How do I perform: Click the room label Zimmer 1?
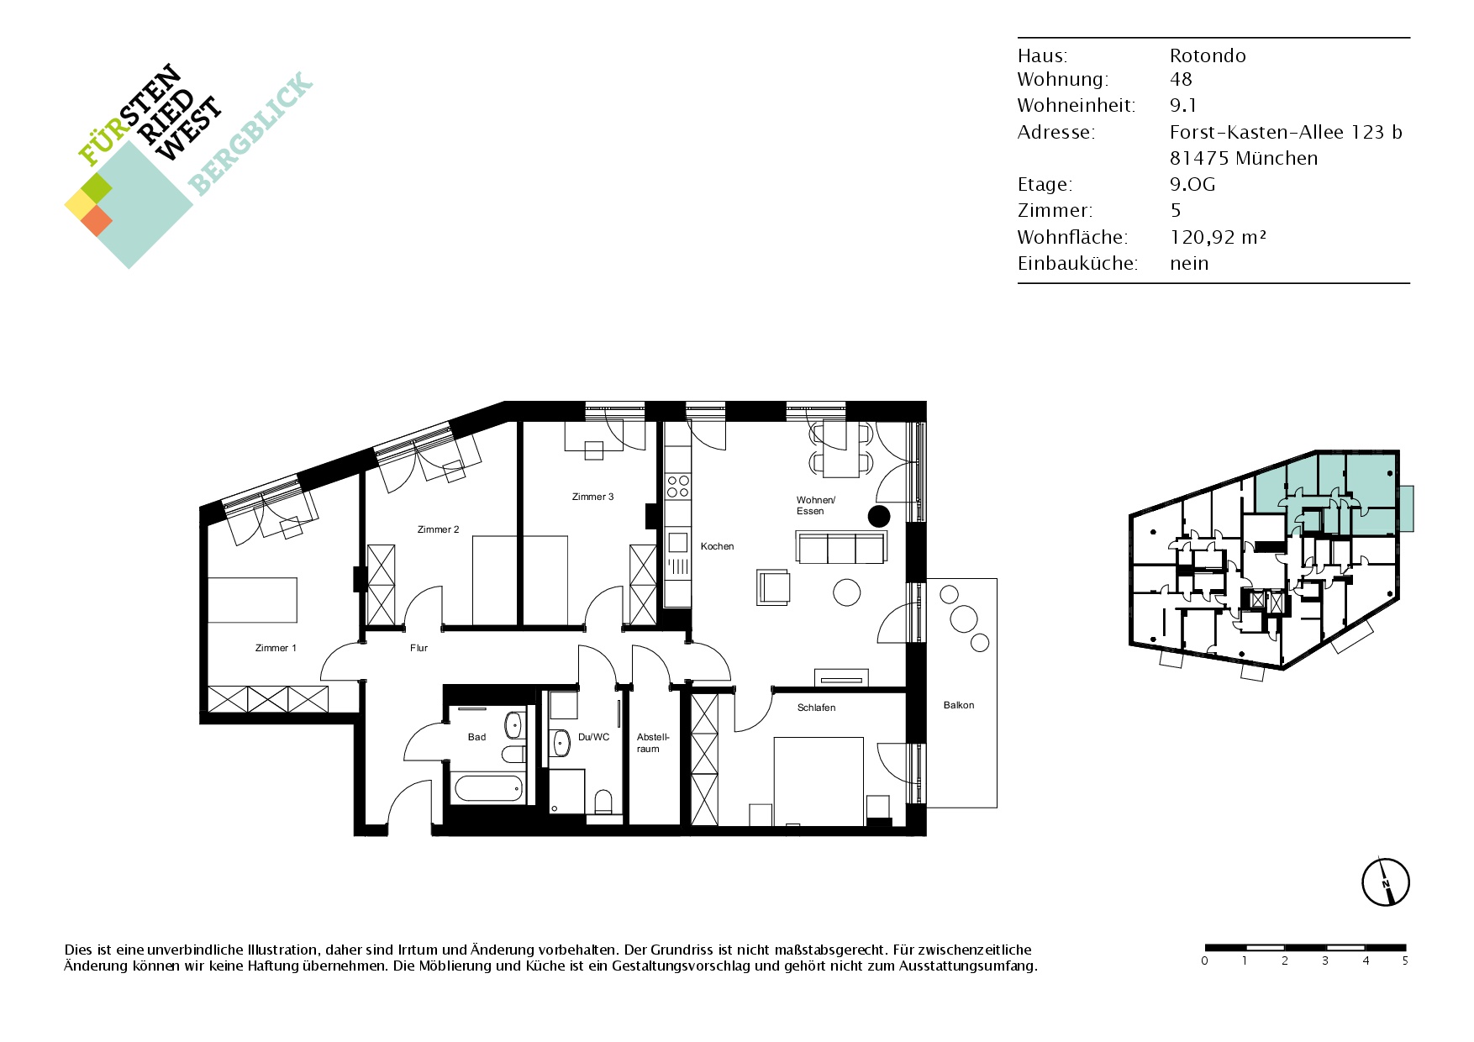276,648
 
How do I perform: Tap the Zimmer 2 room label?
438,529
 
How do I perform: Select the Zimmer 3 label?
592,497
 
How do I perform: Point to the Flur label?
419,648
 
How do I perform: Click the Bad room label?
476,737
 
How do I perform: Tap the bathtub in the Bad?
488,788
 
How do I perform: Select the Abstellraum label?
653,743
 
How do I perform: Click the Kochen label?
717,546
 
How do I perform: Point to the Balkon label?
958,705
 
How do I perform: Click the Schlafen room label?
816,708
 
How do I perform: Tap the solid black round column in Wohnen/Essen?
878,516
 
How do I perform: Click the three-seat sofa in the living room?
841,547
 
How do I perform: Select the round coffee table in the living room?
846,592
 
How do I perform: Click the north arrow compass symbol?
1385,882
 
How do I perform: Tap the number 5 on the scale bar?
1404,960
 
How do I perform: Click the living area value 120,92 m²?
1218,237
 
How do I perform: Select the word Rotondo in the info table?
1208,55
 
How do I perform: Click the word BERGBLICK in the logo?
250,134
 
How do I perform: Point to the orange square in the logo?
96,220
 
